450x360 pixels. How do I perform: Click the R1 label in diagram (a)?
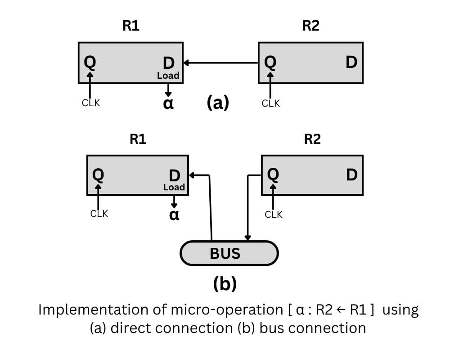pyautogui.click(x=131, y=26)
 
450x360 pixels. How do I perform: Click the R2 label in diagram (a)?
pyautogui.click(x=310, y=26)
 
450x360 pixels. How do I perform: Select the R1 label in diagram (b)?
pyautogui.click(x=138, y=139)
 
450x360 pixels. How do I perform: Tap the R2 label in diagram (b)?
pyautogui.click(x=312, y=139)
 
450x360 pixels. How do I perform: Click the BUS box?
pyautogui.click(x=229, y=253)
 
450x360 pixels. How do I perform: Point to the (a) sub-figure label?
pyautogui.click(x=218, y=103)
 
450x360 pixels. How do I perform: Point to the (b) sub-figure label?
pyautogui.click(x=225, y=284)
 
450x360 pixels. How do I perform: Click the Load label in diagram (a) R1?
pyautogui.click(x=168, y=76)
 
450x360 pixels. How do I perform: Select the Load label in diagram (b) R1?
pyautogui.click(x=174, y=187)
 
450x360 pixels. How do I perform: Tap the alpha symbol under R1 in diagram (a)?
pyautogui.click(x=168, y=103)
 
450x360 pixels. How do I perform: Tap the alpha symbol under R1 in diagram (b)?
pyautogui.click(x=174, y=214)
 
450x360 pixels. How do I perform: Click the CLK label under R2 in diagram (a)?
pyautogui.click(x=270, y=103)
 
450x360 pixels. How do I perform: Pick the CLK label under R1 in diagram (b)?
pyautogui.click(x=99, y=214)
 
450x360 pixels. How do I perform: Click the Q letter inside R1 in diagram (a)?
pyautogui.click(x=90, y=62)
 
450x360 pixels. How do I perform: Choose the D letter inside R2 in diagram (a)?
pyautogui.click(x=351, y=62)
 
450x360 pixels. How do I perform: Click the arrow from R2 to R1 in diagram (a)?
pyautogui.click(x=220, y=63)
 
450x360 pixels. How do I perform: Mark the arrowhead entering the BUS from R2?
pyautogui.click(x=247, y=237)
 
